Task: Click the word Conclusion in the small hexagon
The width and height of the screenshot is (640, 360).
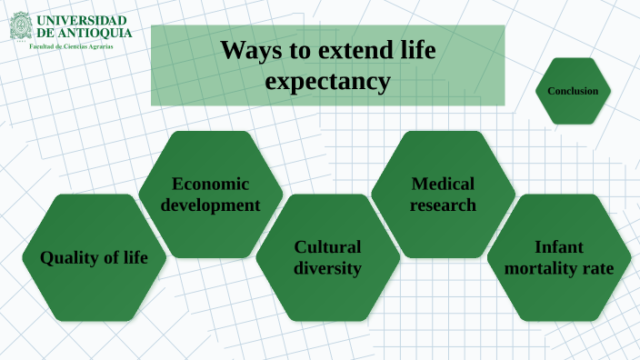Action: click(x=573, y=91)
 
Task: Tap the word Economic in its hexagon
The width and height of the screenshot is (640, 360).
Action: click(x=212, y=183)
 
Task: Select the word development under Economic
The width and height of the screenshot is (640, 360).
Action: click(x=212, y=205)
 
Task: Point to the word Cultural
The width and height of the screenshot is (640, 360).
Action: click(x=327, y=247)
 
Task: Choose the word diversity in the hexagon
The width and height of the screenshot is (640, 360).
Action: click(x=327, y=268)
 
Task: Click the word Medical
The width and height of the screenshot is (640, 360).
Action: click(x=443, y=183)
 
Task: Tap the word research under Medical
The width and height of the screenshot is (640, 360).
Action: click(x=443, y=205)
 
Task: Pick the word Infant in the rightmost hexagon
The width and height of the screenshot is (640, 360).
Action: click(x=559, y=247)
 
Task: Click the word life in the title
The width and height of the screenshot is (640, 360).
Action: click(x=415, y=51)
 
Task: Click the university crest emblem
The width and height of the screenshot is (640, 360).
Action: click(x=20, y=25)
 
